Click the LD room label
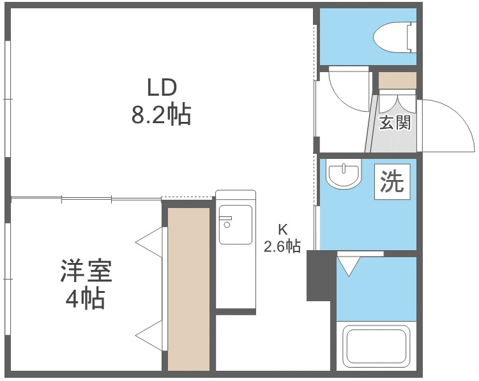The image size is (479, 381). pyautogui.click(x=162, y=87)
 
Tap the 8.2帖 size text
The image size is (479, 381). pyautogui.click(x=162, y=114)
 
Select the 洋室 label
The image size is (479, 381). pyautogui.click(x=86, y=271)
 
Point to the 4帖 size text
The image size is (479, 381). pyautogui.click(x=86, y=298)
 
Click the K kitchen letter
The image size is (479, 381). pyautogui.click(x=282, y=230)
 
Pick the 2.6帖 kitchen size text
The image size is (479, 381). pyautogui.click(x=282, y=246)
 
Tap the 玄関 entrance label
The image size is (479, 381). pyautogui.click(x=395, y=122)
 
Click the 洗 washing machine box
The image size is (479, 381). pyautogui.click(x=393, y=182)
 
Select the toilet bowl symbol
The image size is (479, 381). pyautogui.click(x=395, y=37)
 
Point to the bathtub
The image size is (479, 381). pyautogui.click(x=376, y=346)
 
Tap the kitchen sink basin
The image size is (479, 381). pyautogui.click(x=236, y=225)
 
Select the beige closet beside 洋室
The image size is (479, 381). pyautogui.click(x=188, y=289)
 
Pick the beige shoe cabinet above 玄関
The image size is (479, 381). pyautogui.click(x=397, y=80)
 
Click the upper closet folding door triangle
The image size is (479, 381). pyautogui.click(x=149, y=243)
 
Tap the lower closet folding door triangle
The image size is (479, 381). pyautogui.click(x=149, y=336)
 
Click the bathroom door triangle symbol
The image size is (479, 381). pyautogui.click(x=349, y=266)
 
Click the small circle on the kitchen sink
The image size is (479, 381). pyautogui.click(x=227, y=225)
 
